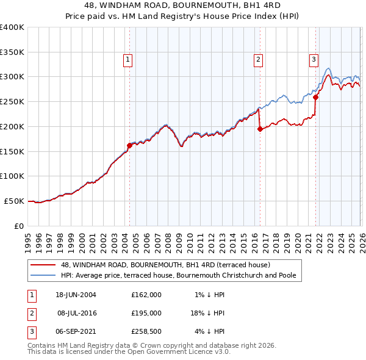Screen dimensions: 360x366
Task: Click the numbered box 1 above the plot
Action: click(x=128, y=59)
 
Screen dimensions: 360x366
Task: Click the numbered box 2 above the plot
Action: click(x=259, y=59)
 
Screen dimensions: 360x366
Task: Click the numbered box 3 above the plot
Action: click(x=314, y=59)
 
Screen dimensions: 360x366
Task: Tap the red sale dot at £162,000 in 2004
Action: click(x=129, y=145)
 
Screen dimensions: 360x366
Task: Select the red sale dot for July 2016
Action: click(x=260, y=129)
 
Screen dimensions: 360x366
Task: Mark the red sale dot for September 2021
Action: click(x=316, y=97)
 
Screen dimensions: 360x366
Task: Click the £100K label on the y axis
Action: click(x=12, y=176)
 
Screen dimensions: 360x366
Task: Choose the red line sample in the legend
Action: click(x=43, y=265)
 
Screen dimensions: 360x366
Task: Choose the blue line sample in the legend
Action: click(x=43, y=276)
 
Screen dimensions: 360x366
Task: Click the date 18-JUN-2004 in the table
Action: click(x=76, y=295)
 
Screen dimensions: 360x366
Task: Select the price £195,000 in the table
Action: click(x=146, y=314)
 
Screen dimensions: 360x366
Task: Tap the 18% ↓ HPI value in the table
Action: click(x=207, y=314)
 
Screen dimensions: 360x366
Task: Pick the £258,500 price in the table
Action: click(x=146, y=333)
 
